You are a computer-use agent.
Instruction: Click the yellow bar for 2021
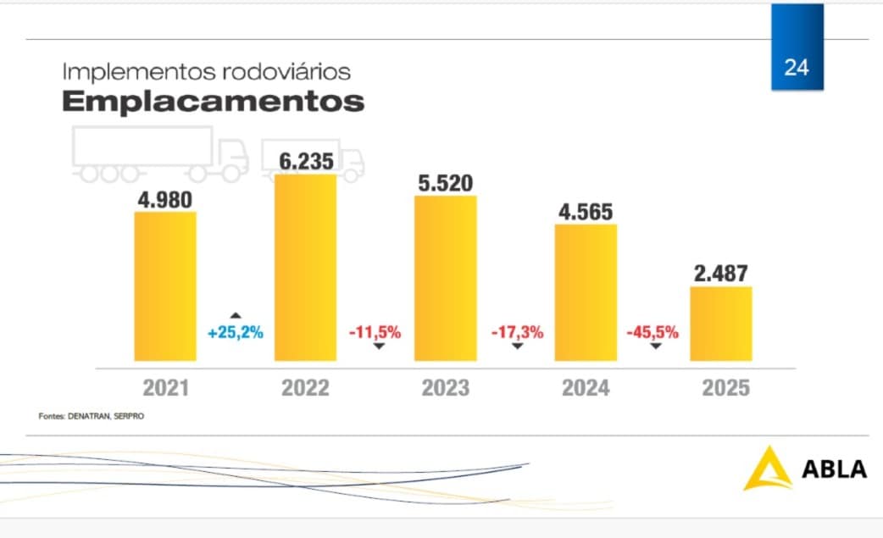[165, 286]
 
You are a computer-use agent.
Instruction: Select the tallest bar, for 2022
[306, 268]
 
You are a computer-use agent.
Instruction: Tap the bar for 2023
[446, 278]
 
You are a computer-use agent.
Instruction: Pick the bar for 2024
[586, 292]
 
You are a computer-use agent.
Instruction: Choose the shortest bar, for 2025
[721, 324]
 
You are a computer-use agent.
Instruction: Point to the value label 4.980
[165, 199]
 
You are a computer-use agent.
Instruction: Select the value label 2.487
[721, 274]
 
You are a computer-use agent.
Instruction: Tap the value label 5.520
[446, 182]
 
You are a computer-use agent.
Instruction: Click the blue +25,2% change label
[236, 332]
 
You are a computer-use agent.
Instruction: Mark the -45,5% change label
[653, 332]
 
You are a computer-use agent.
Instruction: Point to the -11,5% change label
[375, 332]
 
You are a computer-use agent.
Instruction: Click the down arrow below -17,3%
[517, 347]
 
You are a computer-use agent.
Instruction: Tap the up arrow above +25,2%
[236, 315]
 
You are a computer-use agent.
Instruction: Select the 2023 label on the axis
[446, 388]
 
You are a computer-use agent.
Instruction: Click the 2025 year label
[726, 388]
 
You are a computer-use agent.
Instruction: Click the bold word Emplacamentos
[213, 102]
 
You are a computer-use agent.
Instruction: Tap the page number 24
[797, 68]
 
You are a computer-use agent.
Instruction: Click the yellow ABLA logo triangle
[767, 468]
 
